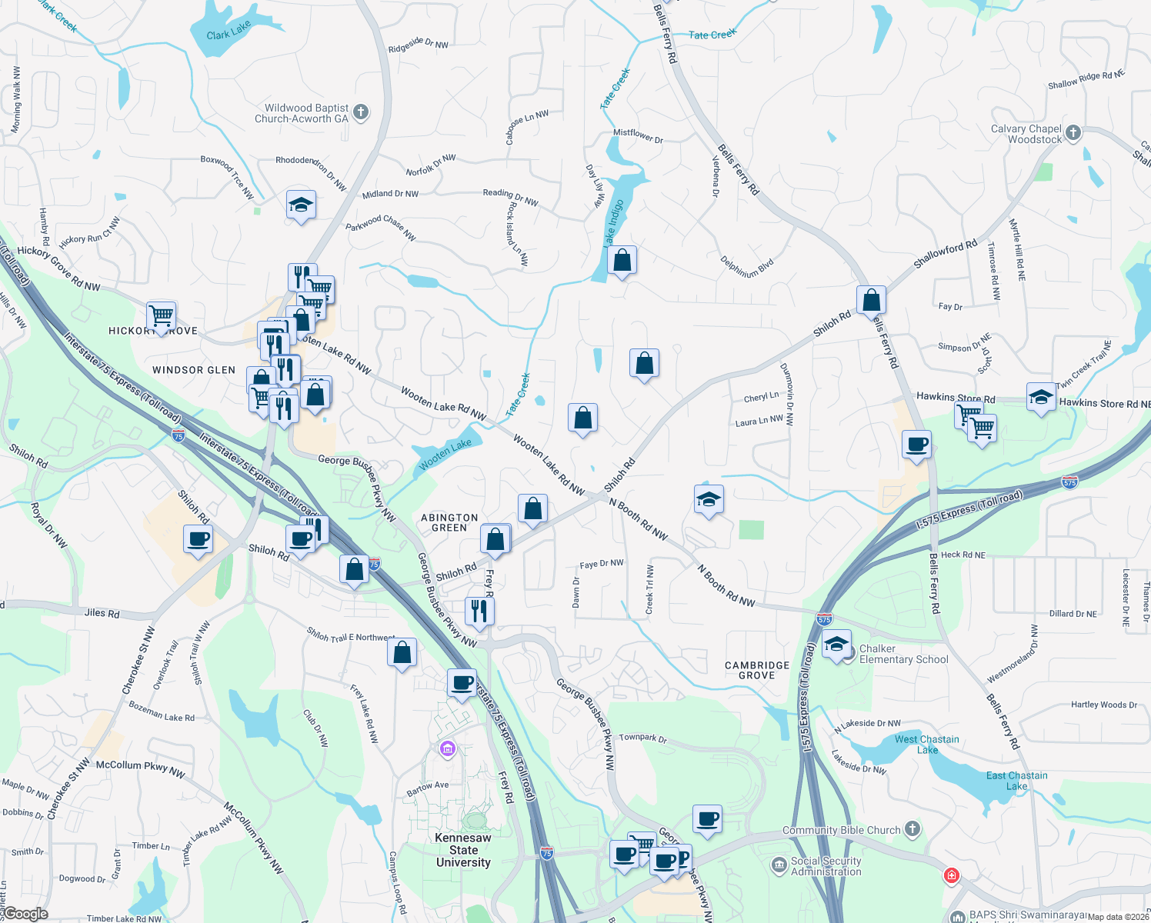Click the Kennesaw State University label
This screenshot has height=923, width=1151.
(x=463, y=850)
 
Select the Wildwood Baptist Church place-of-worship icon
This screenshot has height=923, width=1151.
(x=360, y=112)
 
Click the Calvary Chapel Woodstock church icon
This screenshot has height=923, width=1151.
(x=1073, y=133)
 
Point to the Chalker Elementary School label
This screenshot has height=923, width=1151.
(x=903, y=654)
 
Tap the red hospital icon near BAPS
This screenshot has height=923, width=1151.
(x=952, y=875)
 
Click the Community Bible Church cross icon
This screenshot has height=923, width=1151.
(x=912, y=829)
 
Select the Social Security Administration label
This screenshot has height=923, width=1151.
(x=826, y=866)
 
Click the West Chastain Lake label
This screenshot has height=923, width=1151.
(x=926, y=745)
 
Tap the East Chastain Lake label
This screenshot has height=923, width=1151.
(x=1016, y=781)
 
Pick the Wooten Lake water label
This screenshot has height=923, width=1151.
(x=445, y=455)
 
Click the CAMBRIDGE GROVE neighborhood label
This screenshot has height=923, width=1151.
(x=757, y=670)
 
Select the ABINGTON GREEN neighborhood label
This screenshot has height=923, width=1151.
(x=449, y=523)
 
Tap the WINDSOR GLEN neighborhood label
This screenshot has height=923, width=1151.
(x=194, y=370)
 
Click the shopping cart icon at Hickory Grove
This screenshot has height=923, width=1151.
(x=161, y=315)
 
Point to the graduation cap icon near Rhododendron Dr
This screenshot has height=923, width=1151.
(x=301, y=205)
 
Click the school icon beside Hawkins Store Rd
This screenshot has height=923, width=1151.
(x=1041, y=397)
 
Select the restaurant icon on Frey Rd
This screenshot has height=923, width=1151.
(x=479, y=611)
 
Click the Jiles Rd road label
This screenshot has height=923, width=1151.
(x=102, y=613)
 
